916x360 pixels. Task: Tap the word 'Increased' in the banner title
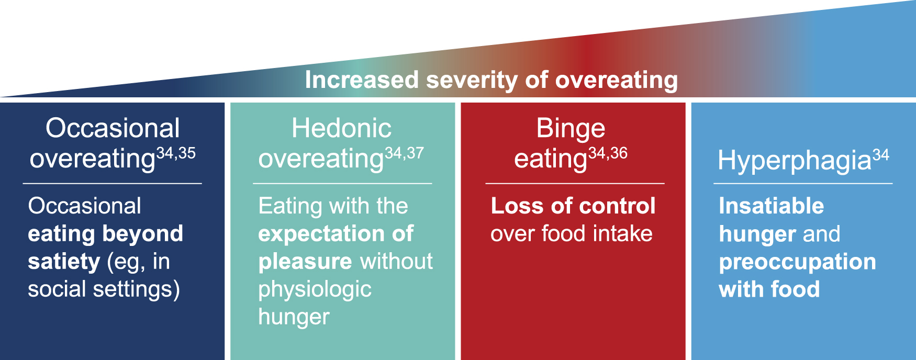click(362, 80)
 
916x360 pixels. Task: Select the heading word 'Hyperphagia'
click(795, 161)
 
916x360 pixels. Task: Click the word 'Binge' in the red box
click(571, 129)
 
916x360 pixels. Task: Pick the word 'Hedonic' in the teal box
click(341, 128)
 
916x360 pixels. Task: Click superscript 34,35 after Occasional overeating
click(176, 153)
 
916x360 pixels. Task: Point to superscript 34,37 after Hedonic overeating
click(404, 153)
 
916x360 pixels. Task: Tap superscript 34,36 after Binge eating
click(608, 153)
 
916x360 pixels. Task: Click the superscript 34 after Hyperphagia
click(881, 155)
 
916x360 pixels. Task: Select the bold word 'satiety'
click(64, 261)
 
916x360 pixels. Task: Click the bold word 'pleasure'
click(305, 262)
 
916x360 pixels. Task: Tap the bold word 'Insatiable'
click(772, 206)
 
